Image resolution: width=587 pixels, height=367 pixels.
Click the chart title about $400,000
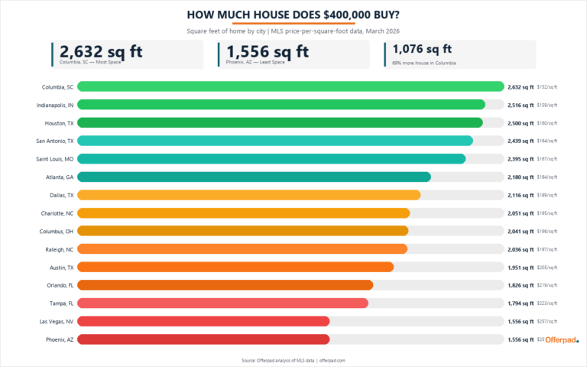point(293,15)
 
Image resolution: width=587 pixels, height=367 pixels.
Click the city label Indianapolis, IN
point(55,105)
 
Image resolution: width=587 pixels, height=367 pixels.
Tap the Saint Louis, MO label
point(54,159)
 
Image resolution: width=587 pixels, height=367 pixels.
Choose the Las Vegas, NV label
point(57,321)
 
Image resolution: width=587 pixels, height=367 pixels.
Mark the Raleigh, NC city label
point(58,249)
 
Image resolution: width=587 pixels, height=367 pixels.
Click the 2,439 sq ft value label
point(521,141)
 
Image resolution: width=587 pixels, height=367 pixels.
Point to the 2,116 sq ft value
point(521,195)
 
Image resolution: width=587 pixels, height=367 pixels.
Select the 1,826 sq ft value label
point(521,285)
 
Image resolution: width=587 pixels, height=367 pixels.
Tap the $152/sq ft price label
point(547,87)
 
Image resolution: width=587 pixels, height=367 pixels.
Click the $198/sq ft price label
point(547,231)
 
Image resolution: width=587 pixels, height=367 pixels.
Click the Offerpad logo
point(562,339)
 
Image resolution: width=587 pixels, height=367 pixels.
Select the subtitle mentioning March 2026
point(293,31)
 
